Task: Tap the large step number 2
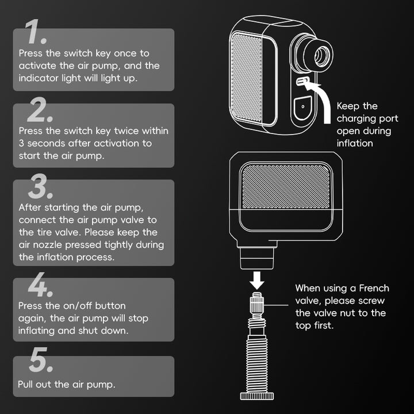tap(40, 110)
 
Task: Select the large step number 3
tap(41, 187)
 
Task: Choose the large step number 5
tap(41, 363)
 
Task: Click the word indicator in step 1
tap(39, 78)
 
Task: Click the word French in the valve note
tap(374, 287)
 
